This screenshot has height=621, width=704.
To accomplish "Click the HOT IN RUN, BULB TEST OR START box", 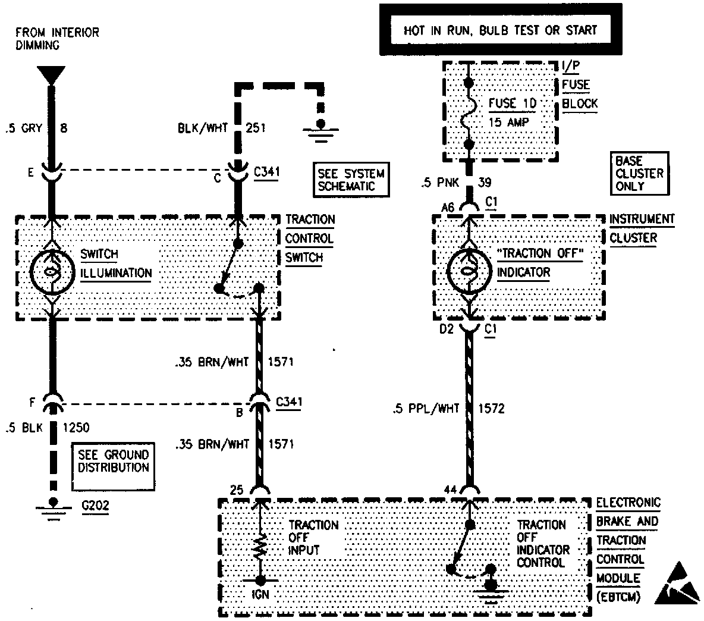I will click(x=500, y=30).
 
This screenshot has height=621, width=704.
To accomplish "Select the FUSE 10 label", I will click(x=512, y=103).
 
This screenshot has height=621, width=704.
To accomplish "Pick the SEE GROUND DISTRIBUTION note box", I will click(x=113, y=462).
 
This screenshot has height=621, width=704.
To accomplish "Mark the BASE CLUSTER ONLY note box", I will click(x=639, y=173).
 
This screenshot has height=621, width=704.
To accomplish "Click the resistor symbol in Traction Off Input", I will click(x=260, y=546).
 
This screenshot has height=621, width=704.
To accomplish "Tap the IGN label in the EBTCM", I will click(x=260, y=593).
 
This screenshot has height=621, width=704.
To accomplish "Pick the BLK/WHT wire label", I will click(x=203, y=127).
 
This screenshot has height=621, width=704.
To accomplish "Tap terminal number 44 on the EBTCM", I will click(x=450, y=489).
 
